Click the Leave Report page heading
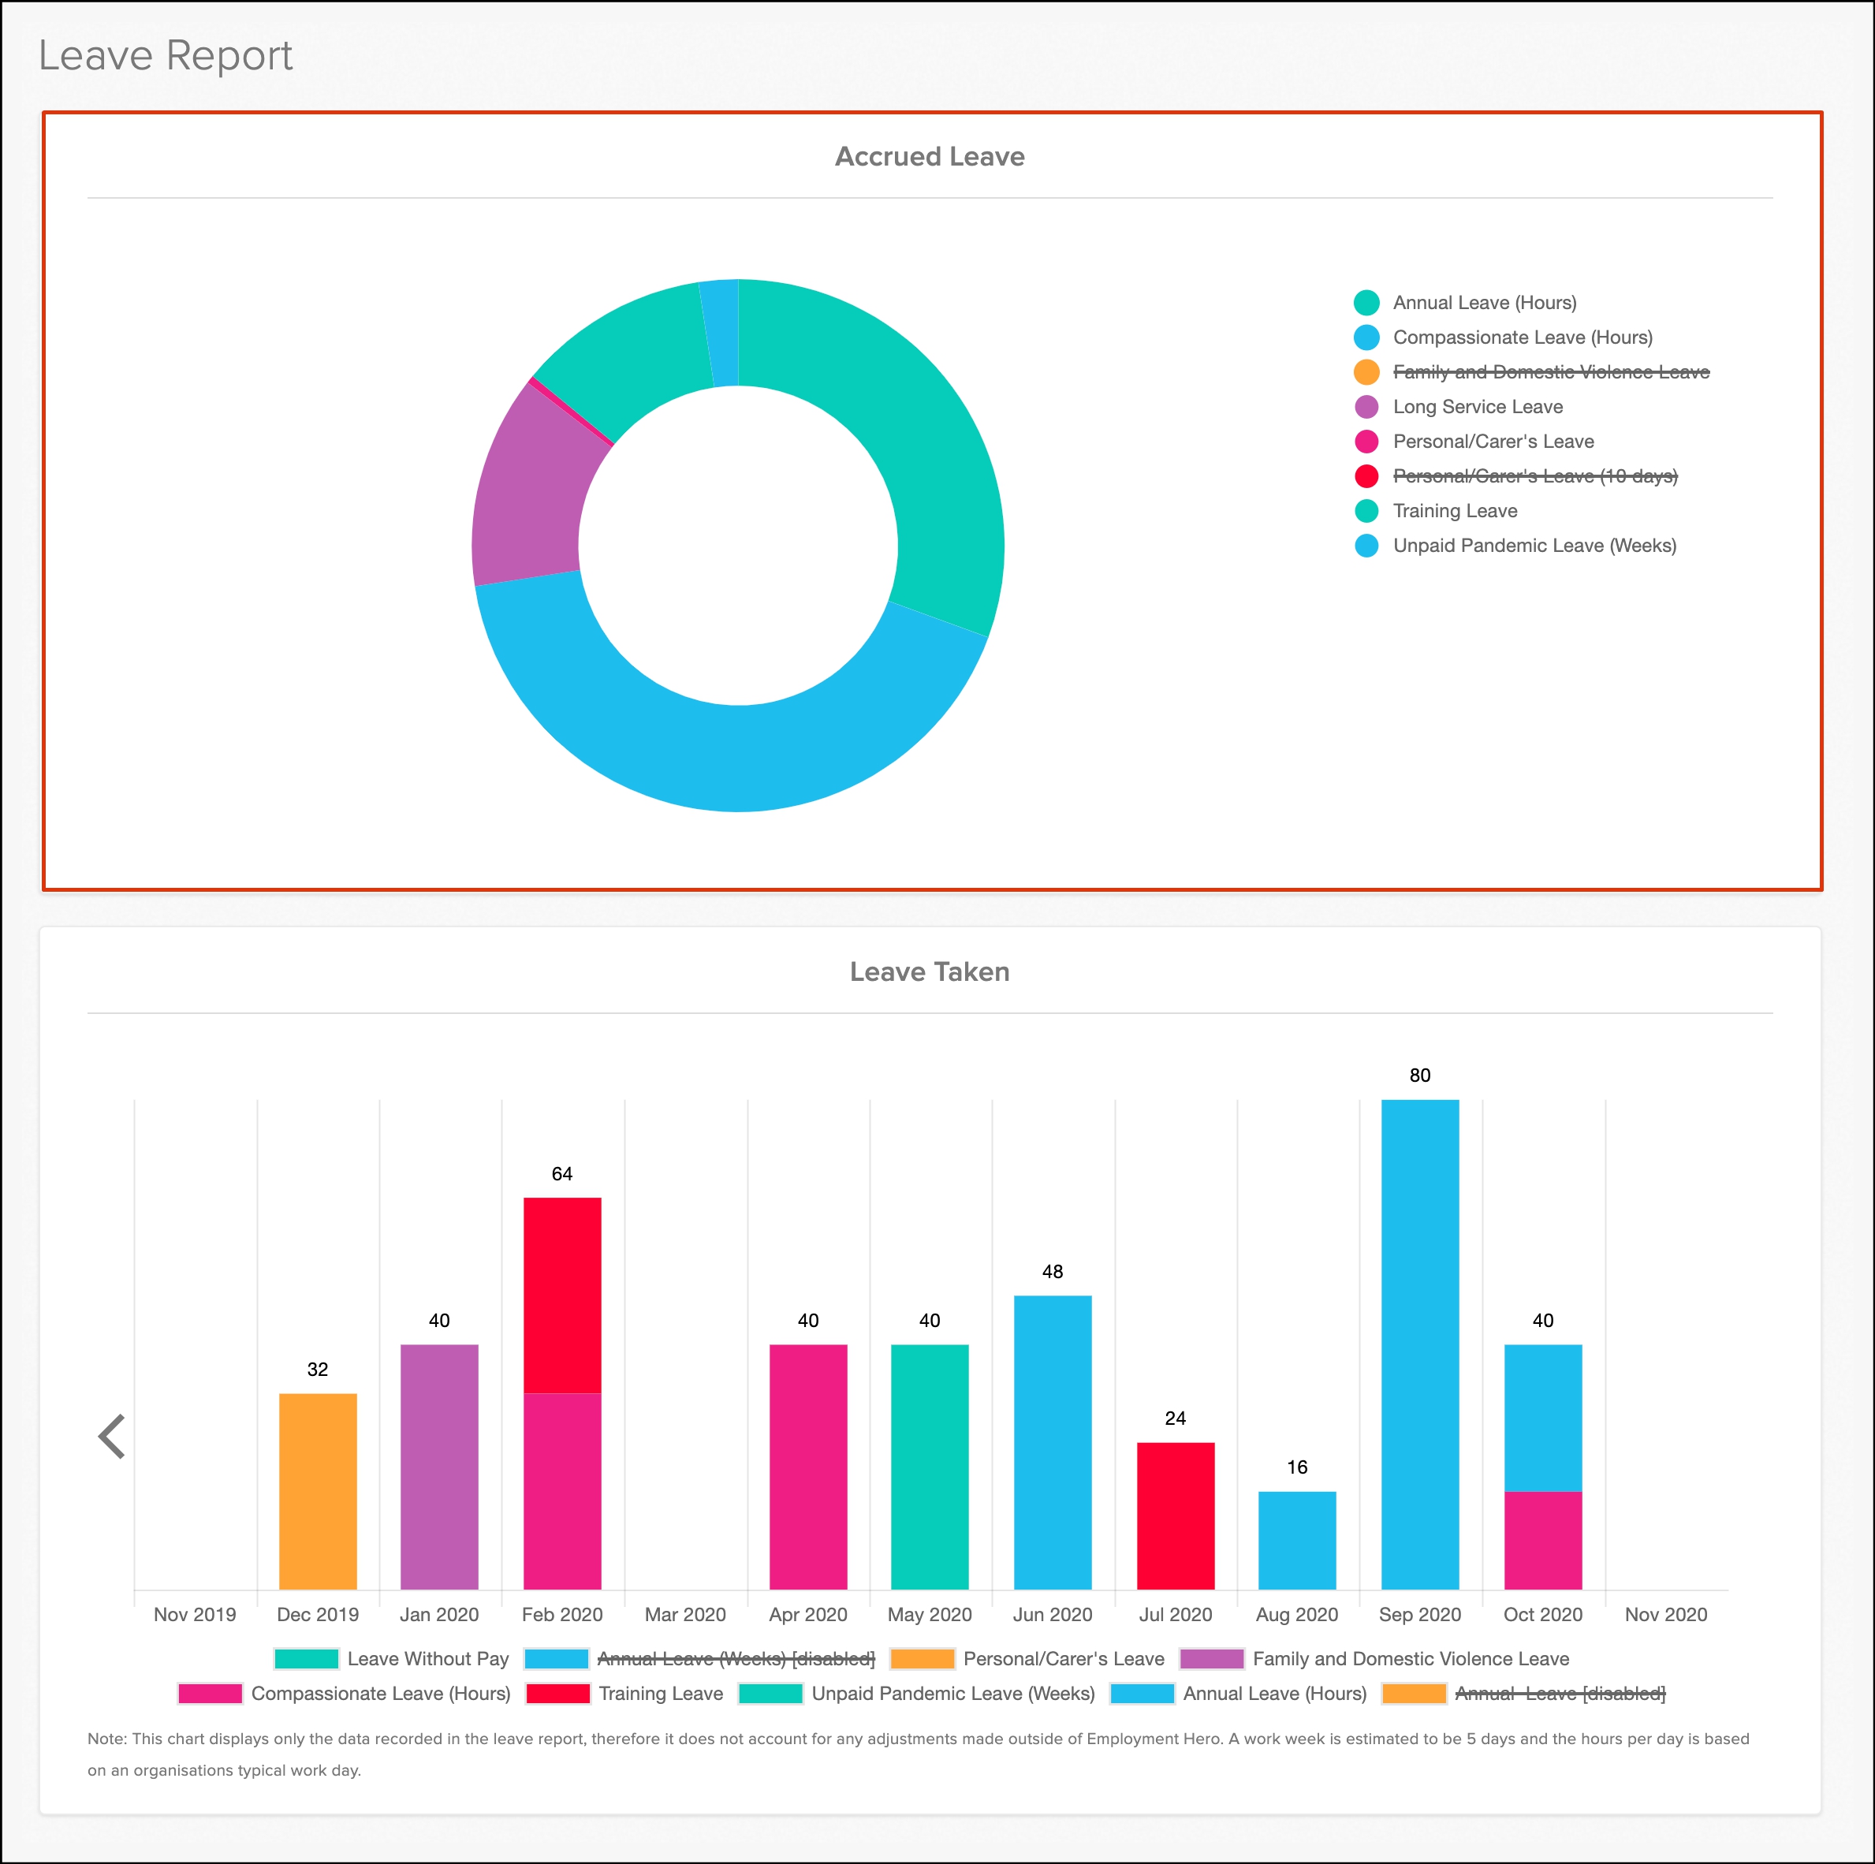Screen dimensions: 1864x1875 click(165, 55)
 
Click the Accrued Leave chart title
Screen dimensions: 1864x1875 click(929, 156)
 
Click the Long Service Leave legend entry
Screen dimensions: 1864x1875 click(1476, 407)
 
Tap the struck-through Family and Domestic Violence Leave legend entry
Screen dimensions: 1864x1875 click(1550, 371)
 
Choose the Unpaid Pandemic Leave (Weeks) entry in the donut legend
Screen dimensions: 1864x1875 click(1534, 546)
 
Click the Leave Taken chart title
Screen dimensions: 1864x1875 click(929, 971)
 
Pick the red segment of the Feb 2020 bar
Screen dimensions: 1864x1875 click(562, 1295)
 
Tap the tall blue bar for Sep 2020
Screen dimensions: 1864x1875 click(1419, 1344)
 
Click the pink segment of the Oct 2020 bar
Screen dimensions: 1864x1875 click(1542, 1540)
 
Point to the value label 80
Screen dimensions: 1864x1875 click(1419, 1076)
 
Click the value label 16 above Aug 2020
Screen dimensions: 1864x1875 click(1296, 1467)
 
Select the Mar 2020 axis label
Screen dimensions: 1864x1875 click(685, 1615)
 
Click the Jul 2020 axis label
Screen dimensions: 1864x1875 click(1176, 1615)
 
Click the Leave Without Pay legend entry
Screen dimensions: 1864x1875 click(427, 1658)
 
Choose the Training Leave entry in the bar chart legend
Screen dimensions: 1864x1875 click(660, 1693)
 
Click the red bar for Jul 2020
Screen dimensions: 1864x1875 click(1176, 1515)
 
